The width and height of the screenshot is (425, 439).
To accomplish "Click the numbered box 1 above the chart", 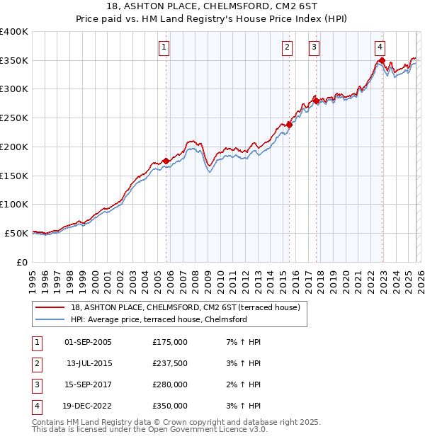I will (164, 47).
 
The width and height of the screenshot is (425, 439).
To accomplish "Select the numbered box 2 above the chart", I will (287, 47).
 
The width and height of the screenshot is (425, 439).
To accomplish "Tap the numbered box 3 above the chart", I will (314, 47).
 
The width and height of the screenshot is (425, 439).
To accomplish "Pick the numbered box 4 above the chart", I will (380, 47).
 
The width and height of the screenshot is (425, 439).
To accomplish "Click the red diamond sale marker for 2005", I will (166, 161).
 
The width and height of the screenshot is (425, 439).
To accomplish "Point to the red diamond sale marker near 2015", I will (289, 125).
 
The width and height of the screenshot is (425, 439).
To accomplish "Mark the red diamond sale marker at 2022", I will (382, 61).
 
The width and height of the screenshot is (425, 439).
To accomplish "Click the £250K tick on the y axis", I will (14, 118).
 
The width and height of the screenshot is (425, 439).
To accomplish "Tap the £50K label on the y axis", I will (17, 233).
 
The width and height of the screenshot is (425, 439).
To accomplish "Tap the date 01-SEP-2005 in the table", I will (88, 342).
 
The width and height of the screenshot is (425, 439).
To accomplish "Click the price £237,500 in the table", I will (170, 363).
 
